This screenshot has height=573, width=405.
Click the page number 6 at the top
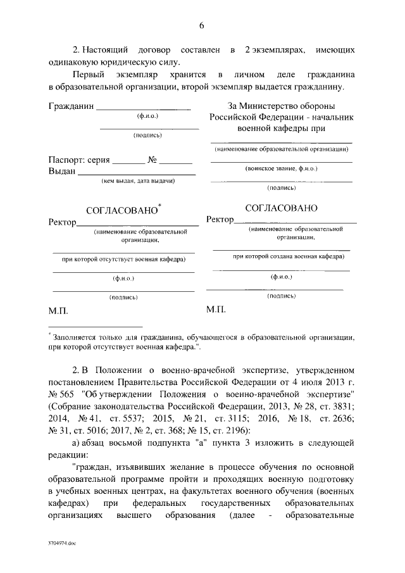pyautogui.click(x=201, y=26)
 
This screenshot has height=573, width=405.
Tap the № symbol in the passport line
pyautogui.click(x=153, y=160)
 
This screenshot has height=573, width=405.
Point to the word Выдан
pyautogui.click(x=63, y=170)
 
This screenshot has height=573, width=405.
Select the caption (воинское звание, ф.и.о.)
pyautogui.click(x=281, y=169)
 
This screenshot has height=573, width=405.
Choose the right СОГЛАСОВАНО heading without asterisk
pyautogui.click(x=281, y=207)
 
